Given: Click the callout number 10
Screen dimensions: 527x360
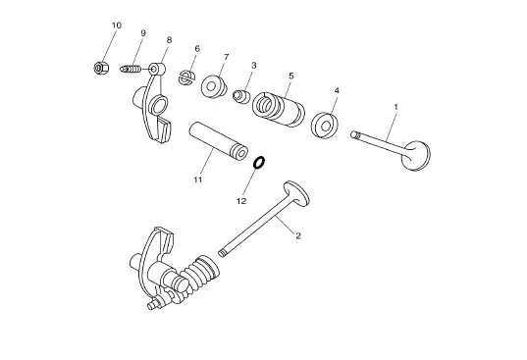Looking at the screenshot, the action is point(117,26).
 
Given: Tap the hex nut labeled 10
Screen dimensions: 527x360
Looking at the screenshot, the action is point(101,68).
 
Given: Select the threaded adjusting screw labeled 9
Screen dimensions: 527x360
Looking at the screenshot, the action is point(131,70).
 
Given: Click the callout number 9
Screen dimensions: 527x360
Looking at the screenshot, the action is point(143,33).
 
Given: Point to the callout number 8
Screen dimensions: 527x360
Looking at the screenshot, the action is point(169,40).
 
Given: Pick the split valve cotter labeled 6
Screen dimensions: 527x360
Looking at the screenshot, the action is point(186,77).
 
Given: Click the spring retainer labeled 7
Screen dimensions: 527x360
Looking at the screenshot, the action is point(213,86).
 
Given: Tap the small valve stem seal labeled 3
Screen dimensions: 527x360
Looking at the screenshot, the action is point(241,97).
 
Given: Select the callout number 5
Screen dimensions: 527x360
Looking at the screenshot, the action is point(291,76).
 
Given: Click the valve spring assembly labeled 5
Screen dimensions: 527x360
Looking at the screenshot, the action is point(279,110).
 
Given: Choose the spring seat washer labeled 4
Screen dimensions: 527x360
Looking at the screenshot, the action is point(325,126).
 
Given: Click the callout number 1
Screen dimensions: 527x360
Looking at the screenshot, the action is point(395,107).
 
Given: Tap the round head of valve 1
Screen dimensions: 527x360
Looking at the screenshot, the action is point(416,156).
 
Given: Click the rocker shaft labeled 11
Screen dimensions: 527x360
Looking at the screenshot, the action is point(219,140).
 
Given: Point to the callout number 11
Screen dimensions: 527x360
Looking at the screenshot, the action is point(198,180).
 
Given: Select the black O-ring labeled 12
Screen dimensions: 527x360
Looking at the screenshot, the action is point(259,163).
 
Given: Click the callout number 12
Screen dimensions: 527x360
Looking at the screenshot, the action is point(241,201).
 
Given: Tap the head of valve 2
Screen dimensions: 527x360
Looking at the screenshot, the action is point(296,193).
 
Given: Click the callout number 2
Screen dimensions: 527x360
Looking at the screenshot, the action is point(298,235).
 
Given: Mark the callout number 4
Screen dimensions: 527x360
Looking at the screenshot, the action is point(337,90).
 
